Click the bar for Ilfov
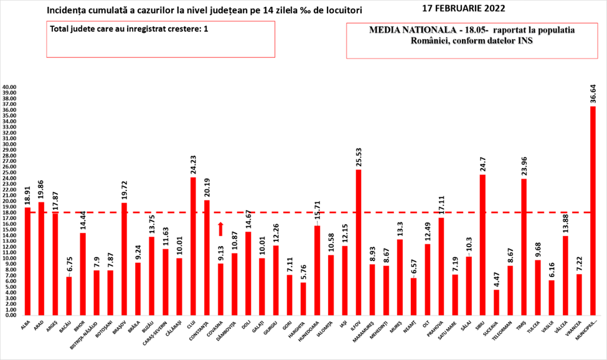359,242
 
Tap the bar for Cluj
193,246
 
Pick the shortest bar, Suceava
496,303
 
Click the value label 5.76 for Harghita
304,271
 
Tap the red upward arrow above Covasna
220,229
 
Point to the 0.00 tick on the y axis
11,315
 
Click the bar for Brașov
125,259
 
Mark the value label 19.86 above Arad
41,187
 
